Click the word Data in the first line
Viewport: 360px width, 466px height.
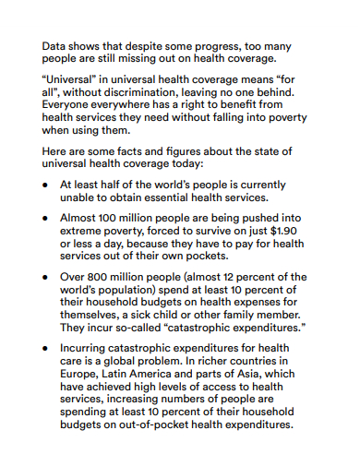55,43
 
